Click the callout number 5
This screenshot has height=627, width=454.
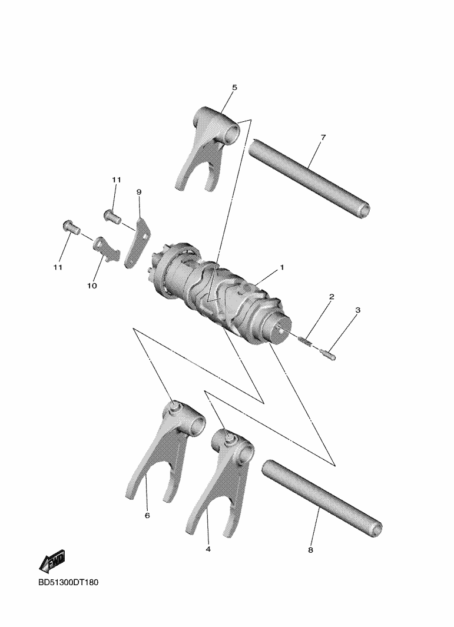[234, 88]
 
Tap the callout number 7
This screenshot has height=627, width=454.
[323, 137]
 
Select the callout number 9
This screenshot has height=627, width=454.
[139, 192]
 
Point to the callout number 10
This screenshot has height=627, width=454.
[92, 286]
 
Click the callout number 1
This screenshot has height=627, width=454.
[282, 267]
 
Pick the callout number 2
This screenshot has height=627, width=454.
[332, 297]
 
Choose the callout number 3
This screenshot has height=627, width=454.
[357, 310]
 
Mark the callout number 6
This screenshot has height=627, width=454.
[147, 515]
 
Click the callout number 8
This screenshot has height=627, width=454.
[310, 550]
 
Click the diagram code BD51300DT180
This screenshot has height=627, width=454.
[68, 582]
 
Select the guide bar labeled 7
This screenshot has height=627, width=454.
[309, 177]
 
